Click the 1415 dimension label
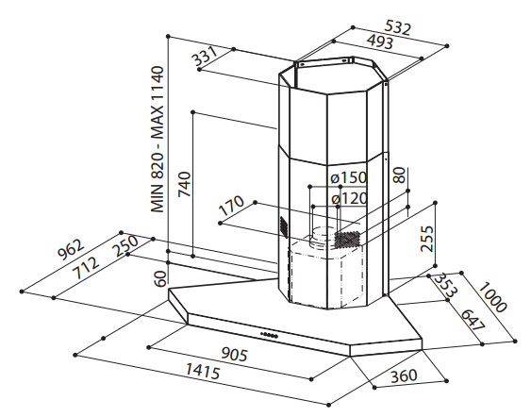tap(203, 371)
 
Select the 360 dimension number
tap(404, 376)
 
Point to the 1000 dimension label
tap(492, 297)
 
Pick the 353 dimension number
tap(446, 284)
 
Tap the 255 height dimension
tap(427, 239)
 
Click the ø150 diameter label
tap(349, 177)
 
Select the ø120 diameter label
tap(350, 198)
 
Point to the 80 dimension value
tap(400, 175)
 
